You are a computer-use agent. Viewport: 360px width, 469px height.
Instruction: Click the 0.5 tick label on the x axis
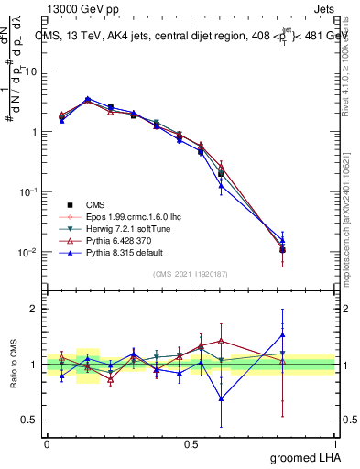click(x=191, y=443)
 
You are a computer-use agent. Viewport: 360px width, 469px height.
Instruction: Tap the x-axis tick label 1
click(x=334, y=443)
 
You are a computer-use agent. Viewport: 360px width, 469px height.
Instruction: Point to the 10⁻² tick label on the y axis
click(x=29, y=252)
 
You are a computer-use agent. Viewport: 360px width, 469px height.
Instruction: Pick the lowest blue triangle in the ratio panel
click(x=221, y=398)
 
